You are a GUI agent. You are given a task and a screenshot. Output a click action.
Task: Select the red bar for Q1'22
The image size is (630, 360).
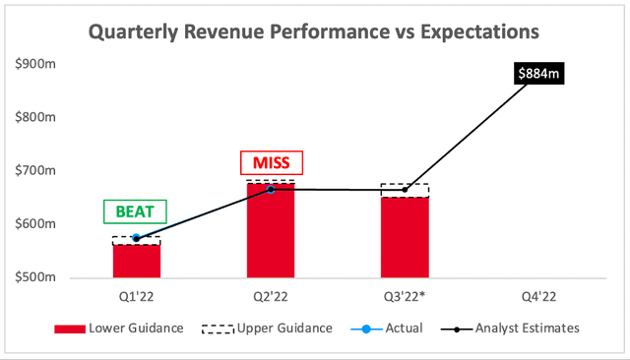point(136,260)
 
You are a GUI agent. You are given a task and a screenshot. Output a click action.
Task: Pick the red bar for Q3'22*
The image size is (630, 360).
point(405,237)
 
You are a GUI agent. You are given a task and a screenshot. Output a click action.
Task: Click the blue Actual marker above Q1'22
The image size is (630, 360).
point(136,237)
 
